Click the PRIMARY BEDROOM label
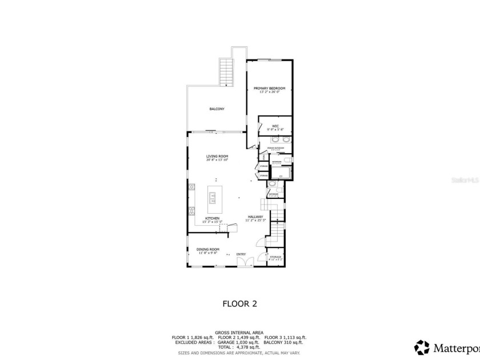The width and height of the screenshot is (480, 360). click(x=269, y=88)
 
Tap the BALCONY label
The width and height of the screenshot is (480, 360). click(x=217, y=109)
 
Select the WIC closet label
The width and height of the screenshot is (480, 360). click(x=275, y=126)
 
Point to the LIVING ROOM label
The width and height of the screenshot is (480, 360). click(x=217, y=156)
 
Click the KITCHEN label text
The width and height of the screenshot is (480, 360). click(x=213, y=218)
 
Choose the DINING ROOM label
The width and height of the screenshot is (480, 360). click(x=208, y=249)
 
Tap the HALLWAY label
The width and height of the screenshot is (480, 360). click(x=255, y=217)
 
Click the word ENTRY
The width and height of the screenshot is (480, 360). click(x=241, y=254)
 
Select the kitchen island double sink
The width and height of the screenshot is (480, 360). click(x=213, y=198)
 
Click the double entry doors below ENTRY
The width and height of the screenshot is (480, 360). click(x=245, y=262)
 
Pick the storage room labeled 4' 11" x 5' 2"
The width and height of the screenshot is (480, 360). click(x=275, y=258)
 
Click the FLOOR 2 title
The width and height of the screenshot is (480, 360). click(x=239, y=304)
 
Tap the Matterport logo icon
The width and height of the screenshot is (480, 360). click(x=422, y=347)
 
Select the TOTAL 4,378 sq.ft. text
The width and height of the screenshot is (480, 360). click(x=239, y=347)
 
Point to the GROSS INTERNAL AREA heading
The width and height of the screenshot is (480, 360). click(x=239, y=333)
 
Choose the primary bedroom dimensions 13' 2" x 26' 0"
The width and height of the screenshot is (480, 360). click(x=269, y=92)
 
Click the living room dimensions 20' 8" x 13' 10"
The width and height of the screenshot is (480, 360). click(x=217, y=160)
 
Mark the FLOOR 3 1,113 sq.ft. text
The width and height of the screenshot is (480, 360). click(x=285, y=337)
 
